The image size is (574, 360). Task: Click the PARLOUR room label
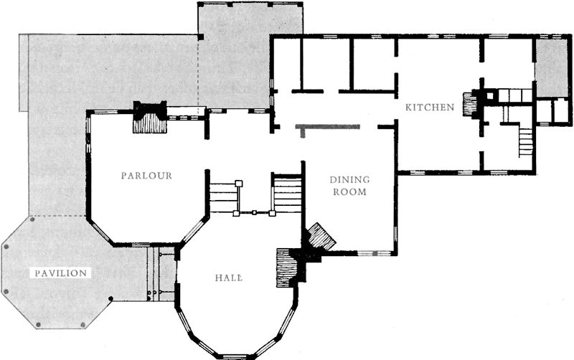click(x=146, y=176)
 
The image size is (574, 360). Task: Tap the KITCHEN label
click(x=430, y=107)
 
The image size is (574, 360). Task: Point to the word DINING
click(x=349, y=179)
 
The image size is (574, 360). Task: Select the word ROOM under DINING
click(x=349, y=191)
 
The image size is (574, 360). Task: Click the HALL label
click(x=228, y=278)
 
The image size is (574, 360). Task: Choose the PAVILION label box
click(x=61, y=273)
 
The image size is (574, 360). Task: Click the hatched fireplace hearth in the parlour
click(x=150, y=123)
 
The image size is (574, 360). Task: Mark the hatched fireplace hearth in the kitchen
click(x=469, y=104)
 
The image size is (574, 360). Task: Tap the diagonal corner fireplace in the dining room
click(x=321, y=237)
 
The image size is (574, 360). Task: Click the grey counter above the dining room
click(x=328, y=128)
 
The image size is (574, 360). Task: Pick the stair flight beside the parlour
click(x=223, y=196)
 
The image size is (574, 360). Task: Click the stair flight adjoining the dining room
click(x=288, y=194)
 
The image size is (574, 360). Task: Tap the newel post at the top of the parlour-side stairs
click(x=239, y=183)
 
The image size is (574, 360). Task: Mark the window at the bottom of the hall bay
click(x=234, y=356)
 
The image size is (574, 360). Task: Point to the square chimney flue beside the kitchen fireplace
click(x=490, y=96)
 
